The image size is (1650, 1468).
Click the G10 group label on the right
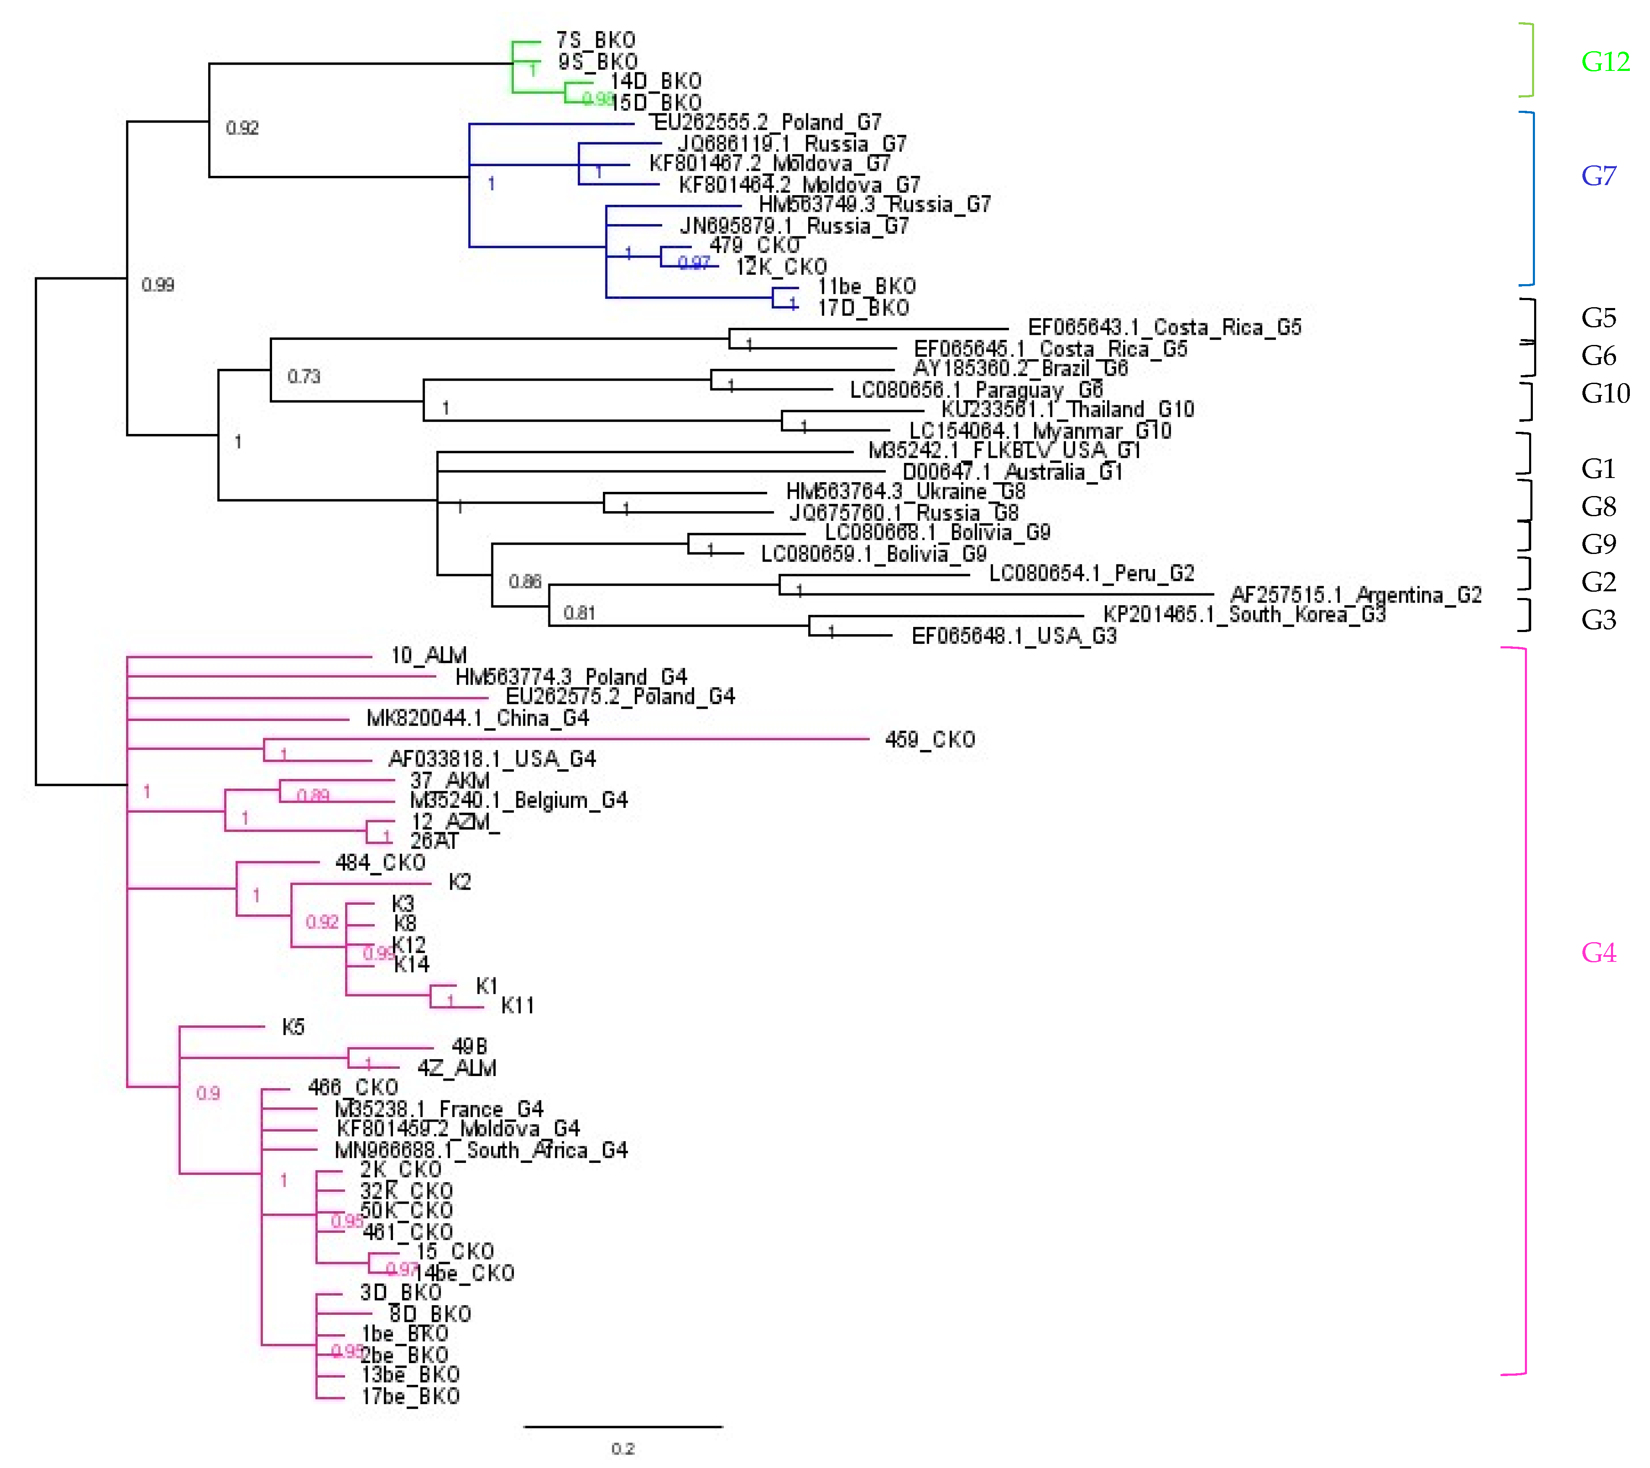[x=1605, y=393]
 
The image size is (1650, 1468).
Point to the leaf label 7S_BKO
[x=596, y=40]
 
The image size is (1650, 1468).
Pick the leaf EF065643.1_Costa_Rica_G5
[x=1164, y=328]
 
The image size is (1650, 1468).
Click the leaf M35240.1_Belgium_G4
[x=518, y=801]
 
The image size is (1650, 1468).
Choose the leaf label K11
[x=517, y=1006]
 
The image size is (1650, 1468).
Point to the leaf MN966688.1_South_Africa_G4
[x=481, y=1150]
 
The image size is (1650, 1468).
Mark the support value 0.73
[x=304, y=377]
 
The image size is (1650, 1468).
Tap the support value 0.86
[x=525, y=582]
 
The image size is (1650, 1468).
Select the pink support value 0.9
[x=207, y=1094]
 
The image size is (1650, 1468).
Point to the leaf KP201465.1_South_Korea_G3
[x=1244, y=615]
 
